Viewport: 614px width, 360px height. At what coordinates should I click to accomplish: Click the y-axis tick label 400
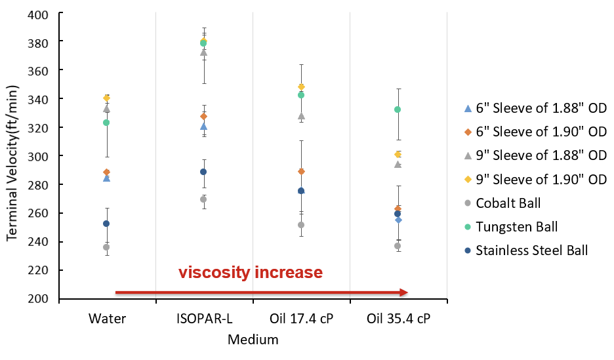[41, 13]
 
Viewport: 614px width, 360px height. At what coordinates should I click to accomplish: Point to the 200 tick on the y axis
[41, 299]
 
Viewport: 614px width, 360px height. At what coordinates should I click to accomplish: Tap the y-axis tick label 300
[41, 156]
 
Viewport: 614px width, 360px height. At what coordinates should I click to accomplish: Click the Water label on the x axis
[107, 319]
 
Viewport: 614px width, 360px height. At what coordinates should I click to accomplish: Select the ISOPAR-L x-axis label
[204, 319]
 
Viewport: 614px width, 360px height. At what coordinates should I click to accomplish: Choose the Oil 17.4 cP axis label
[301, 319]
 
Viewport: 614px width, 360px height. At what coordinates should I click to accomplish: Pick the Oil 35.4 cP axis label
[398, 319]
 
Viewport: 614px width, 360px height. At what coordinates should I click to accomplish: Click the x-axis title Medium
[253, 340]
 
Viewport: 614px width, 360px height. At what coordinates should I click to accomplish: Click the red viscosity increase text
[251, 272]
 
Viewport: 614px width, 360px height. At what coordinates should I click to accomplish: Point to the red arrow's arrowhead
[403, 292]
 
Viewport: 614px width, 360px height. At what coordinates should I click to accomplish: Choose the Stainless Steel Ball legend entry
[531, 250]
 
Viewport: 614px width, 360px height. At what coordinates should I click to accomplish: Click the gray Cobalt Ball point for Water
[106, 247]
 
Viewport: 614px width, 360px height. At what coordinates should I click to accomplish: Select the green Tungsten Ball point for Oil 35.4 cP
[398, 110]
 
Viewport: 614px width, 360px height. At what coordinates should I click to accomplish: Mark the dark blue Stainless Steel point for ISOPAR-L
[203, 172]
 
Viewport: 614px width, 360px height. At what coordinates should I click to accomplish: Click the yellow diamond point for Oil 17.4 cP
[301, 87]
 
